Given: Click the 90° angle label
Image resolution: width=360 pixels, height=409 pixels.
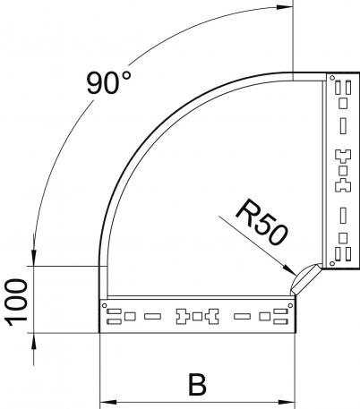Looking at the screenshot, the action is click(108, 82).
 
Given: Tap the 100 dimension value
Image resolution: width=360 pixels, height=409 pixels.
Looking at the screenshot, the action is click(16, 302).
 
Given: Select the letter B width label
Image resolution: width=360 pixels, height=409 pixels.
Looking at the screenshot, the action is click(197, 385).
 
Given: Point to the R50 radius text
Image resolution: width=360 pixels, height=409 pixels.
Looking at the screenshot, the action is click(262, 223).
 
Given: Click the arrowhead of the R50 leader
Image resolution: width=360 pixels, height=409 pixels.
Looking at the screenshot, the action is click(290, 269).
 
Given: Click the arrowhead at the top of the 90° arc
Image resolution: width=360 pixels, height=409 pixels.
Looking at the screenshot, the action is click(285, 7).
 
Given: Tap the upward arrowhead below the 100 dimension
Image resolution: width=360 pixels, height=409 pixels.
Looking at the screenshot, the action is click(33, 341).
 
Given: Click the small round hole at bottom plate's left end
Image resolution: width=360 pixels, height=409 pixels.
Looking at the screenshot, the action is click(104, 305).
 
